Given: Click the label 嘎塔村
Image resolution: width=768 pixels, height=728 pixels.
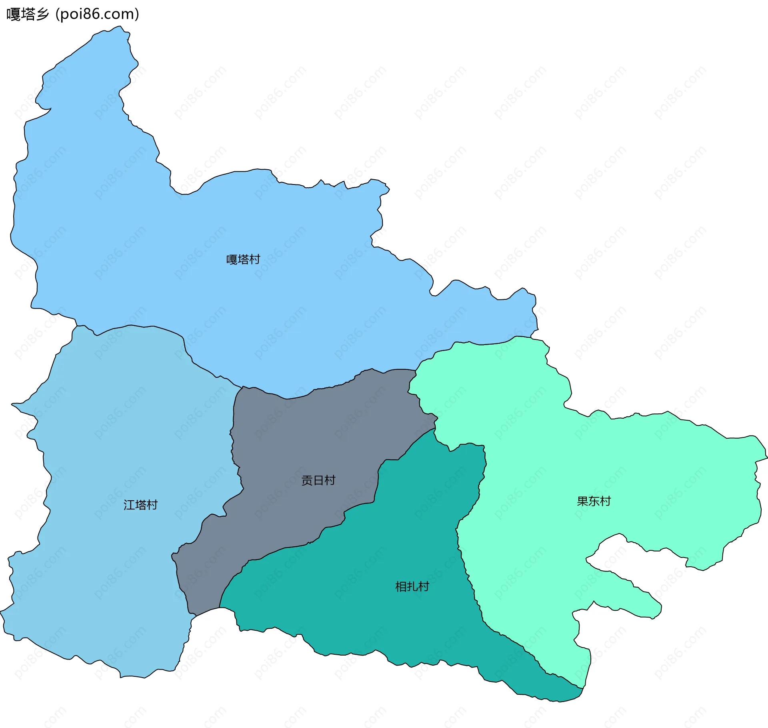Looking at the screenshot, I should point(243,260).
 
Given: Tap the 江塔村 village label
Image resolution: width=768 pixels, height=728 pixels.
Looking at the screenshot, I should point(140,505).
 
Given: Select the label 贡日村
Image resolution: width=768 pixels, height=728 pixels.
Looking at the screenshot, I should point(318,480).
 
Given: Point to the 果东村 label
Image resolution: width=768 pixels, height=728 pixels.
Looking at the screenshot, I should point(594,501).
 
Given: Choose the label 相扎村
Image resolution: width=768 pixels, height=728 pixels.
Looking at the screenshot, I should point(412,587).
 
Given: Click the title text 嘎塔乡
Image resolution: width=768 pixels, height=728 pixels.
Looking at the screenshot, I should point(27,14).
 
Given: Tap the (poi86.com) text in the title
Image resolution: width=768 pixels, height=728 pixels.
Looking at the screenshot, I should point(97,14).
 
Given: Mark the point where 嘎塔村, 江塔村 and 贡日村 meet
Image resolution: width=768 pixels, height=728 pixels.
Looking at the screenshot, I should point(242,387).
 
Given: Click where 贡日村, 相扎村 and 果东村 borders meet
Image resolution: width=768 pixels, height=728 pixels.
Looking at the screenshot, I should point(435,429).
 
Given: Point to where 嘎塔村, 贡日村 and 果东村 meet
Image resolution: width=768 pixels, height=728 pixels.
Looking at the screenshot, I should point(416,370).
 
